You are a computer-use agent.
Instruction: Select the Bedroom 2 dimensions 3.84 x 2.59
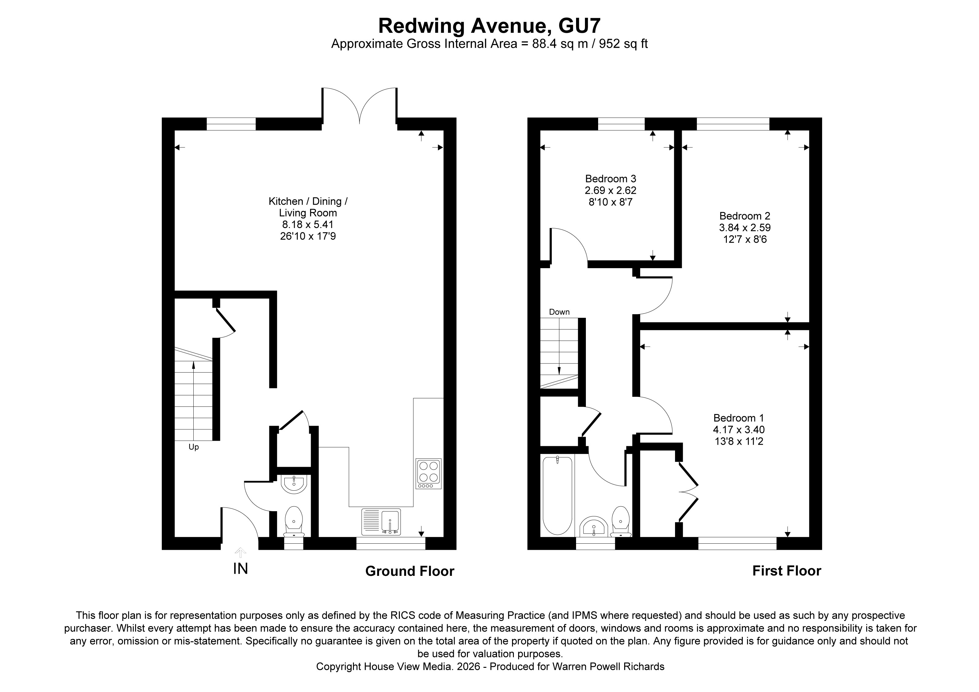(745, 228)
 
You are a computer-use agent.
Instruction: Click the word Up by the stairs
(194, 447)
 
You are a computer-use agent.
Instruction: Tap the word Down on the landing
(559, 312)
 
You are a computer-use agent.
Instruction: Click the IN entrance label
(241, 569)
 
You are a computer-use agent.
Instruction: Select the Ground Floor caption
(409, 571)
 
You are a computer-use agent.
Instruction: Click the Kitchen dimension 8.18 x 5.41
(307, 224)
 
